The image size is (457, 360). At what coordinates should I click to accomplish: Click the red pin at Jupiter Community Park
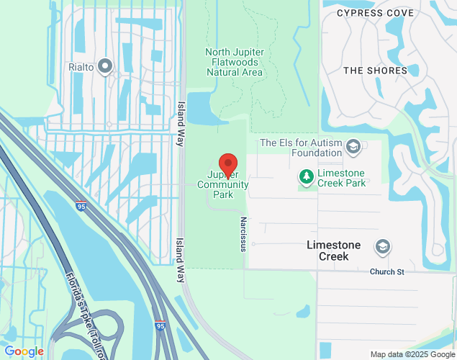coord(228,165)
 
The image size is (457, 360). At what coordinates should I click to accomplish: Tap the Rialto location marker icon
coord(106,67)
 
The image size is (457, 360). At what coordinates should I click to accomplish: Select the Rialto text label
coord(82,68)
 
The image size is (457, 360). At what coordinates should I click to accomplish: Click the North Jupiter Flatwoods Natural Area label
coord(235,62)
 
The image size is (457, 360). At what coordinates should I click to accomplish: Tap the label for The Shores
coord(375,71)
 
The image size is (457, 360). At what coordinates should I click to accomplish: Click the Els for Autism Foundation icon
coord(353,148)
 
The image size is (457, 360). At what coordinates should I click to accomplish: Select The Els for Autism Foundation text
coord(301,148)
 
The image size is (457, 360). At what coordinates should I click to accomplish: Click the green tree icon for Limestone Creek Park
coord(306,176)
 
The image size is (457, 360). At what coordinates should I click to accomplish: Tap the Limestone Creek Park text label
coord(341,178)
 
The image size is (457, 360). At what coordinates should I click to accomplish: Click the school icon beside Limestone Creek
coord(382,247)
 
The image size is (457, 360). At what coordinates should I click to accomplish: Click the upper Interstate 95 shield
coord(81,207)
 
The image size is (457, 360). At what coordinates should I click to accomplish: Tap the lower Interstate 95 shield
coord(160,326)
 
